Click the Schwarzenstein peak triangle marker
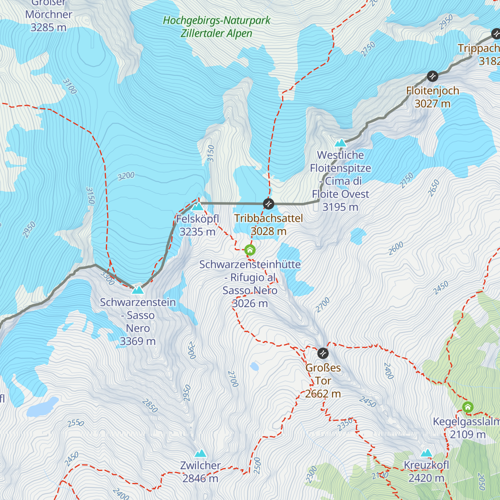click(137, 290)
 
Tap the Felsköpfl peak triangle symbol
click(197, 206)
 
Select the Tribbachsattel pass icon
click(269, 204)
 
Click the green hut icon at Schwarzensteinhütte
click(250, 250)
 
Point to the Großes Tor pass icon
click(323, 353)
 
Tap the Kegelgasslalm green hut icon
click(468, 407)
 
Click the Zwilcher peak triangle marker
click(200, 453)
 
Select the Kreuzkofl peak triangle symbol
click(426, 453)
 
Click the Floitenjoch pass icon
click(432, 76)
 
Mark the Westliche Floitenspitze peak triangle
click(340, 143)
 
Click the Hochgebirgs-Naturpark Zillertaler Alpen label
click(216, 27)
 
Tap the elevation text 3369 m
click(137, 341)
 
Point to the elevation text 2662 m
click(323, 394)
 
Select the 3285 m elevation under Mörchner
click(48, 27)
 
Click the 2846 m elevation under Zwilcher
click(200, 478)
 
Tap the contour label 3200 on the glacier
click(126, 176)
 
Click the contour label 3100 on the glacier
click(70, 86)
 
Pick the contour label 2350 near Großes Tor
click(345, 424)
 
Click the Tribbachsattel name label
click(268, 218)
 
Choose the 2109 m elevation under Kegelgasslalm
click(468, 435)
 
